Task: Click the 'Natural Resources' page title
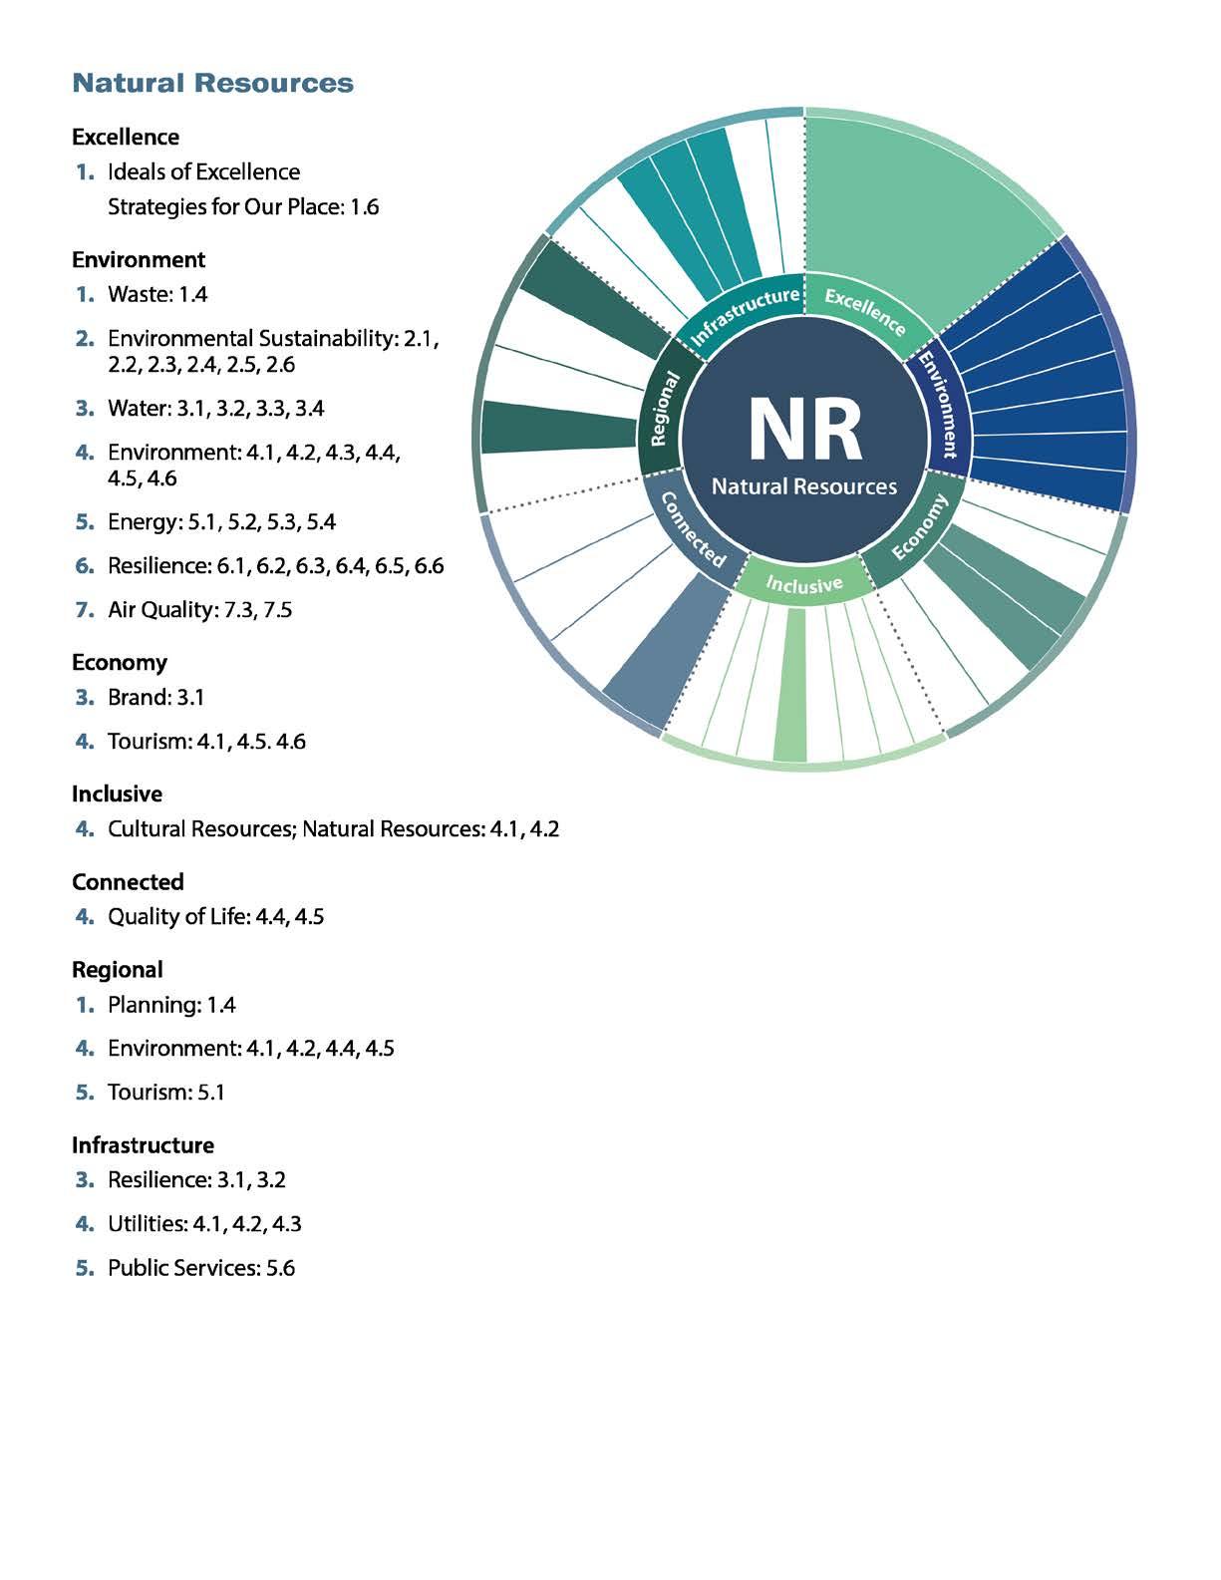point(212,83)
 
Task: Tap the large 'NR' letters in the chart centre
point(804,431)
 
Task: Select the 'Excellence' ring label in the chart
point(865,311)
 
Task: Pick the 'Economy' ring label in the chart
point(919,527)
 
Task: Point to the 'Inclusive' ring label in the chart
point(804,585)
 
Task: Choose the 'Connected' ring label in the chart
point(692,529)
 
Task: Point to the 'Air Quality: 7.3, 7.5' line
point(199,609)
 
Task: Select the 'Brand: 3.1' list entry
point(155,697)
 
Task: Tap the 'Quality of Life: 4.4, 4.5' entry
point(215,916)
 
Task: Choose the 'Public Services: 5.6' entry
point(201,1268)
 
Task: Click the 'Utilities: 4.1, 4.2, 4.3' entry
point(204,1223)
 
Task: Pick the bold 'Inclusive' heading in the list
point(117,793)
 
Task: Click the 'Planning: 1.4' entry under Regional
point(171,1004)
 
